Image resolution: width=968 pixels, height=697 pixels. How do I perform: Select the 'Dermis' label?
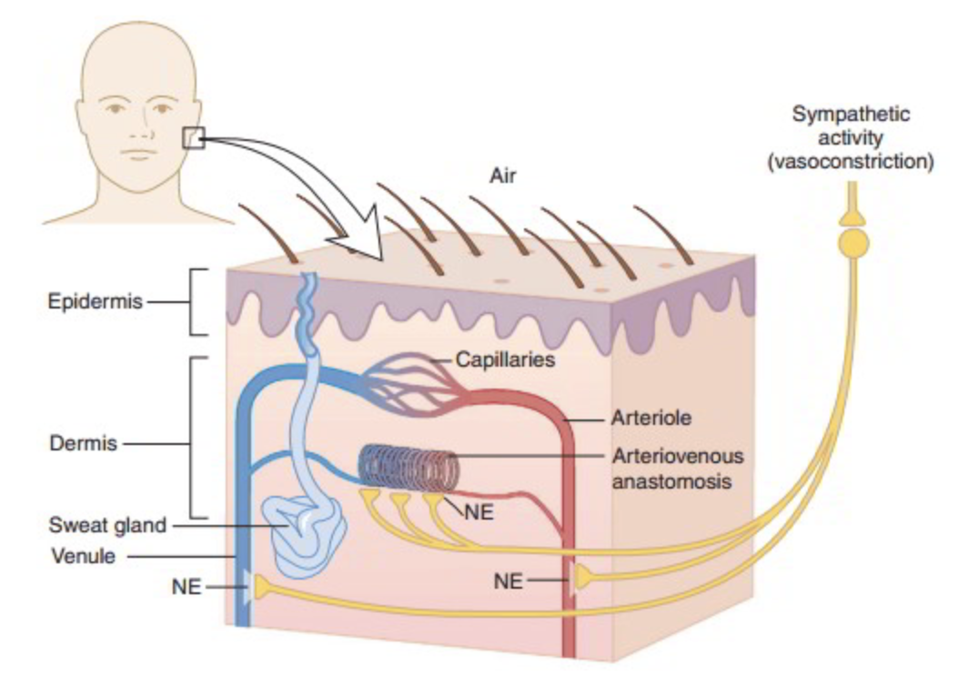tap(83, 444)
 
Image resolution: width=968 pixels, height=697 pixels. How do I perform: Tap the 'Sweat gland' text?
tap(108, 525)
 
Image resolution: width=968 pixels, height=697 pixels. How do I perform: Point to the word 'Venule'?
tap(84, 555)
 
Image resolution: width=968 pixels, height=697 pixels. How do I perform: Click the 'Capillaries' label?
tap(505, 359)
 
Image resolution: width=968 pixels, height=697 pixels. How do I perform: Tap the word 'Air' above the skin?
tap(501, 176)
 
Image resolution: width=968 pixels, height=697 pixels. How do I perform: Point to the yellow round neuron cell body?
tap(853, 242)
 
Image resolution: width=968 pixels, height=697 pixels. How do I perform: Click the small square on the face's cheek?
tap(194, 137)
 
